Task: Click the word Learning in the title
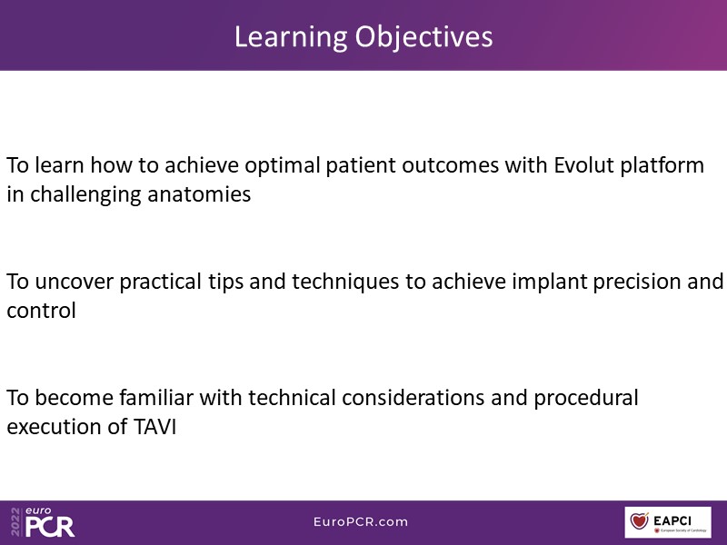coord(291,38)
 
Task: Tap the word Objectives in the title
coord(423,38)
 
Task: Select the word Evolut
coord(583,165)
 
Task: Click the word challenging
coord(85,195)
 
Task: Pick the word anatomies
coord(199,194)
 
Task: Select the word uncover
coord(74,282)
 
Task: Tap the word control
coord(41,311)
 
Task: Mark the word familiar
coord(156,398)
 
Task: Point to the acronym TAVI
coord(154,427)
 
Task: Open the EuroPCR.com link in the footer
coord(361,521)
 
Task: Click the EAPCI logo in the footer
coord(668,522)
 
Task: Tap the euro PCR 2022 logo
coord(43,521)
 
